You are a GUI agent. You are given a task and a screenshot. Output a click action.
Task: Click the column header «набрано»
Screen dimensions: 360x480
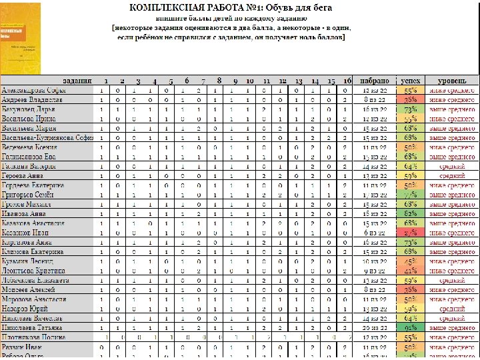[x=375, y=80]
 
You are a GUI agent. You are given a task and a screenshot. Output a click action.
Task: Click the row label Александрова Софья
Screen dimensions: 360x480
[x=33, y=89]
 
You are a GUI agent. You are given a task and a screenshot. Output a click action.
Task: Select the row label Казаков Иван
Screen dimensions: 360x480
[x=26, y=233]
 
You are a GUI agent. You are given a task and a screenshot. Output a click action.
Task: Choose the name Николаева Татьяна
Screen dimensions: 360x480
[x=33, y=328]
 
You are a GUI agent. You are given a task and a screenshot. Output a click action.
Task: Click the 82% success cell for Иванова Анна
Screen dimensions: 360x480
[x=411, y=213]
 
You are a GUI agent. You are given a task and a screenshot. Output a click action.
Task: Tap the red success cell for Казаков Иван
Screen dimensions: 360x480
[x=411, y=233]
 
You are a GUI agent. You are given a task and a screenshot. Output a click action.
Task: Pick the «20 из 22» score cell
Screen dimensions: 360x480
[x=375, y=328]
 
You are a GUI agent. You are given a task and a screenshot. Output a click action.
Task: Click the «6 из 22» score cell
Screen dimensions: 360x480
[x=375, y=233]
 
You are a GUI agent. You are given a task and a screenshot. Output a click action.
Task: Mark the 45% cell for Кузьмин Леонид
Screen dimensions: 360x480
[x=411, y=261]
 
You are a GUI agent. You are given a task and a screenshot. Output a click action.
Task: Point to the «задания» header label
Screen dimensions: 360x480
[x=77, y=80]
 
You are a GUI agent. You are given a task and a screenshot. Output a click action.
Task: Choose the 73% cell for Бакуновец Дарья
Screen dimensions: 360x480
[x=411, y=109]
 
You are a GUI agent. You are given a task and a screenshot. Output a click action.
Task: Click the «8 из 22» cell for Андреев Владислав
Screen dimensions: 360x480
[x=375, y=99]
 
